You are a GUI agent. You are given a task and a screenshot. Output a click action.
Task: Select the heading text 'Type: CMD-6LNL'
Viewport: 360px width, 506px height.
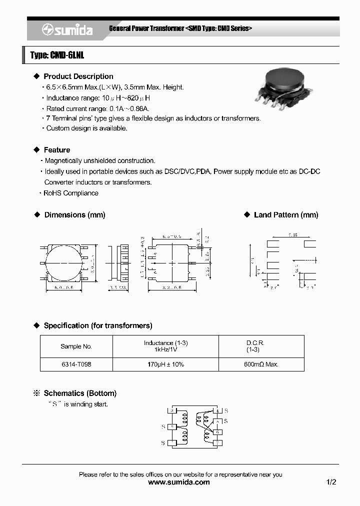[x=57, y=55]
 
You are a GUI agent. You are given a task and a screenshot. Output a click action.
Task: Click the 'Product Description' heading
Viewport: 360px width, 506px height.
[x=78, y=76]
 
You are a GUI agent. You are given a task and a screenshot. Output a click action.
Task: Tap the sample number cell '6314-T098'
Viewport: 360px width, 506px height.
[x=76, y=364]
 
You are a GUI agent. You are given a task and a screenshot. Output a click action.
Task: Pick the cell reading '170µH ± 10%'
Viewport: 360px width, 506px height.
[x=165, y=364]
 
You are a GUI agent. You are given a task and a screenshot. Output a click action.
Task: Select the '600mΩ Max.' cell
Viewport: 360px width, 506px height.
[x=261, y=364]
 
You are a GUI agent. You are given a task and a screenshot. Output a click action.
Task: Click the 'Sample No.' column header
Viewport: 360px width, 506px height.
[x=76, y=346]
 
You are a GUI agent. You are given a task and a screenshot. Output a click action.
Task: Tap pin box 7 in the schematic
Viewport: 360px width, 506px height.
[x=217, y=442]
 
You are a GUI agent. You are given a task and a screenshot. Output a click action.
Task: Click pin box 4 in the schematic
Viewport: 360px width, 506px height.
[x=217, y=411]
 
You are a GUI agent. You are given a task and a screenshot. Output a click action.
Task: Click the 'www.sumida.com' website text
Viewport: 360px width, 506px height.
[x=179, y=482]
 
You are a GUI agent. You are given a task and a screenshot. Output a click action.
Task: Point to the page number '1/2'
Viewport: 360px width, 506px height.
[x=331, y=482]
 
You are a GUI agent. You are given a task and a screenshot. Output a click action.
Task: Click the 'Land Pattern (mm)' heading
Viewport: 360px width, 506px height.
[x=286, y=215]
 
